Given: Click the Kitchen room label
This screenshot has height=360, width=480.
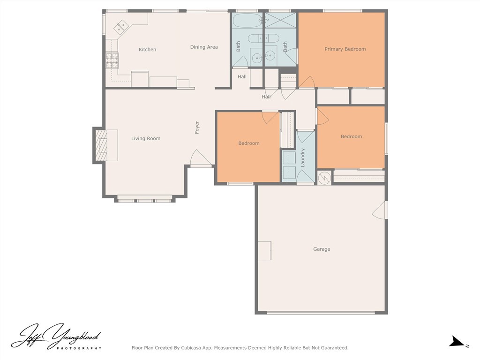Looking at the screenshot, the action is click(147, 50).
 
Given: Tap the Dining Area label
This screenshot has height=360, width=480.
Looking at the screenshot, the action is click(204, 47).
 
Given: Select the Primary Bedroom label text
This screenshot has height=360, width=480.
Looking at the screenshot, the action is click(345, 49).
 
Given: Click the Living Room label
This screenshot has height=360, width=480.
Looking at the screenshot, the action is click(146, 138).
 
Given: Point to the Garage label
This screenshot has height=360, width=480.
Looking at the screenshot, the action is click(322, 249).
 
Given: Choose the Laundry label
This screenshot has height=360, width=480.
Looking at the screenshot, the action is click(303, 157).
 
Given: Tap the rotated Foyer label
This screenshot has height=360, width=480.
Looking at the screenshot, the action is click(197, 127).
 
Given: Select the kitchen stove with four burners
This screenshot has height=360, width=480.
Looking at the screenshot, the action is click(112, 60).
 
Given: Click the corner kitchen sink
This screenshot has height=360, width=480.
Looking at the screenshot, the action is click(121, 26).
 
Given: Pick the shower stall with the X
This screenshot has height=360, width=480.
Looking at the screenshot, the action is click(280, 21).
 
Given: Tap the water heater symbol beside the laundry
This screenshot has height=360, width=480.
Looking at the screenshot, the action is click(324, 178).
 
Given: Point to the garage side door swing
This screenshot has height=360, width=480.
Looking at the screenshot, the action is click(380, 210).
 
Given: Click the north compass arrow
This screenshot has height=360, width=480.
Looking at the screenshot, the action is click(457, 341).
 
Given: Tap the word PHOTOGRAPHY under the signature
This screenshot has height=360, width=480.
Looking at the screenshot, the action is click(79, 348).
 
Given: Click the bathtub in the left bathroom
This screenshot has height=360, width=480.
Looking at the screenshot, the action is click(247, 21).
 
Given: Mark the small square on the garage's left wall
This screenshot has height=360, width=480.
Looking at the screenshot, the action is click(264, 251).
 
